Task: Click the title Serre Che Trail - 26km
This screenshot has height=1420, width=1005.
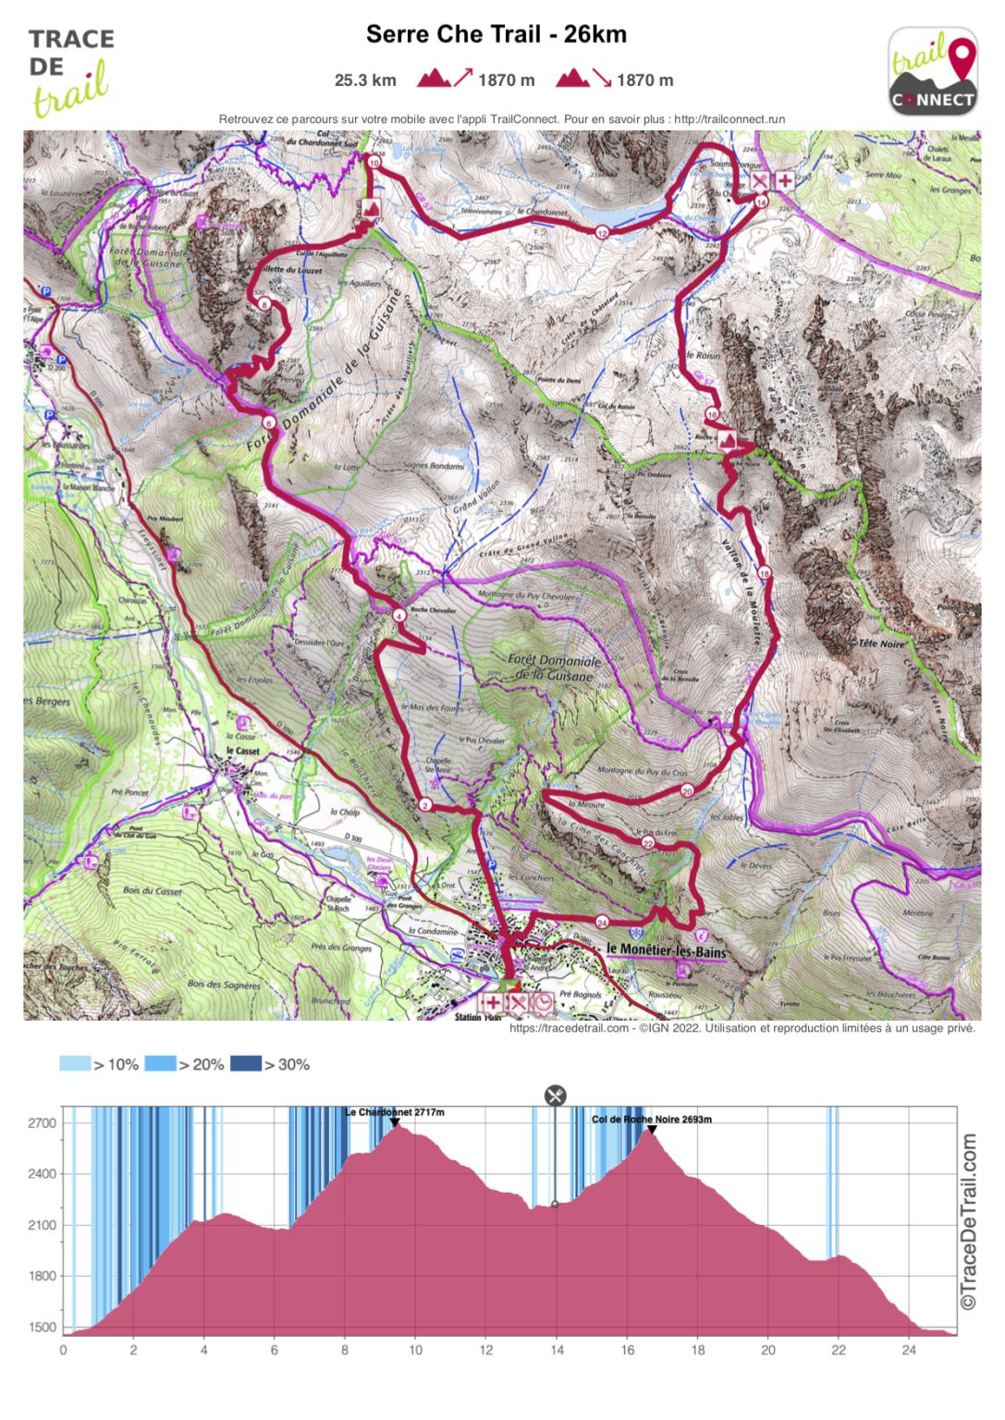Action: point(496,34)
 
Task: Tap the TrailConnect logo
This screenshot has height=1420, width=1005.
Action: point(933,72)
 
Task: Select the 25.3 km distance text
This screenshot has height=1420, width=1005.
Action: point(365,80)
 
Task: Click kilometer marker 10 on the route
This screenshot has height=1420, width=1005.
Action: point(374,163)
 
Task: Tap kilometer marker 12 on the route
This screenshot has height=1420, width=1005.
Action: point(602,232)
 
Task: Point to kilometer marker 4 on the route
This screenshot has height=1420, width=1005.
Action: point(398,615)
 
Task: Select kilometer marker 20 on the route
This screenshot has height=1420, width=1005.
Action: point(687,790)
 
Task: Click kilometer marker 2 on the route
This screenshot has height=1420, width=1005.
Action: point(425,805)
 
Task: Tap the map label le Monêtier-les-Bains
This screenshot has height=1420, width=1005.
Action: point(666,950)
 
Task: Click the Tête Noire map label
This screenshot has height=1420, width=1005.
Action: point(881,643)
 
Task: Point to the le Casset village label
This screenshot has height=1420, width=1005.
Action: point(243,751)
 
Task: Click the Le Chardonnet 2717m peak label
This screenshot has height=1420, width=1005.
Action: point(395,1112)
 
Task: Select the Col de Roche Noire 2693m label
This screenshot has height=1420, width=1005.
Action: point(652,1119)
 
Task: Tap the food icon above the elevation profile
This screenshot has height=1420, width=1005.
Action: point(555,1096)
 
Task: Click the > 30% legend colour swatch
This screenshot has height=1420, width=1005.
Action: point(246,1064)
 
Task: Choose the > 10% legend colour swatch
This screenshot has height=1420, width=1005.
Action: point(75,1064)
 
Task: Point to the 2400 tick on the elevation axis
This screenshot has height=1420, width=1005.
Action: point(43,1174)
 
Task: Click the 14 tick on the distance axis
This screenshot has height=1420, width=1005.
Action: point(557,1350)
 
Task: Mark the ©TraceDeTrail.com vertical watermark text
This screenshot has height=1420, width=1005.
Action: point(968,1220)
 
